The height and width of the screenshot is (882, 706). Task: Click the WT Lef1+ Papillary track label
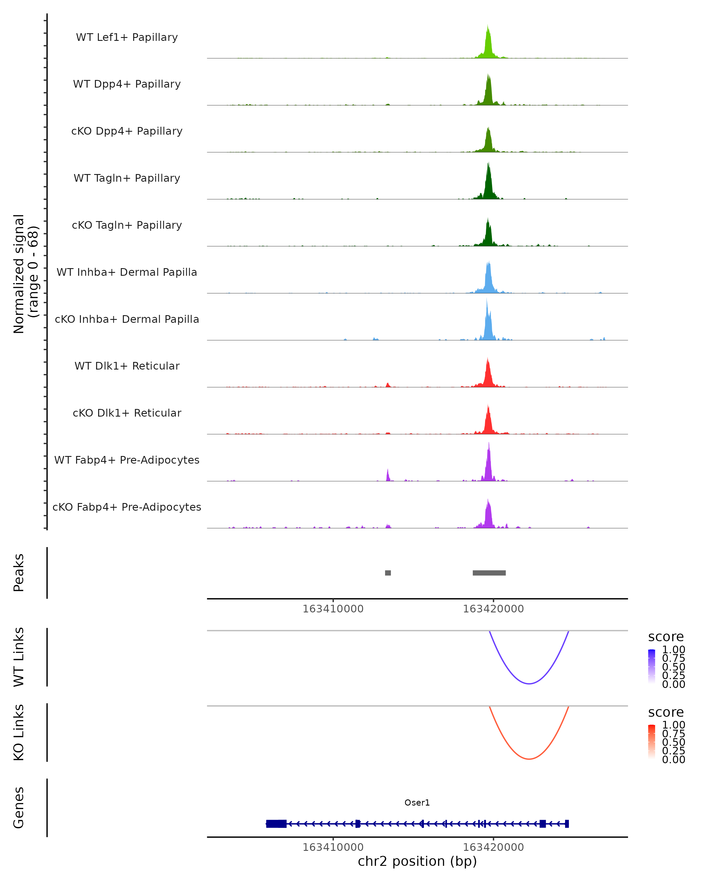point(127,37)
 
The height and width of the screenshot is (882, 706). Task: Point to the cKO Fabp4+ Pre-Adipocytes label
point(127,507)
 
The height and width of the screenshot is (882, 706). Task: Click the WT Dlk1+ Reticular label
point(127,366)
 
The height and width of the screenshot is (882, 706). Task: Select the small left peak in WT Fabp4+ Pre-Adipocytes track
point(388,476)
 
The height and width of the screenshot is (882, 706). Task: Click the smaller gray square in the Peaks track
point(388,573)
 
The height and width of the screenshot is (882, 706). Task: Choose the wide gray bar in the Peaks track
point(489,573)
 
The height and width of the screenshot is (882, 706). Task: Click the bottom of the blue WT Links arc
point(529,683)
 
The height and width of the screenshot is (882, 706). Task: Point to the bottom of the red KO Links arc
point(529,759)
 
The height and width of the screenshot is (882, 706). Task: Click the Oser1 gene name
point(417,803)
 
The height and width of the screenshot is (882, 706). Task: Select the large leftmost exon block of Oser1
point(276,824)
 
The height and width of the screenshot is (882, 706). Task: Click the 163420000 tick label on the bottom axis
point(493,847)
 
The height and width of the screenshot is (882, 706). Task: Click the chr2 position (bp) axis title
point(417,861)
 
